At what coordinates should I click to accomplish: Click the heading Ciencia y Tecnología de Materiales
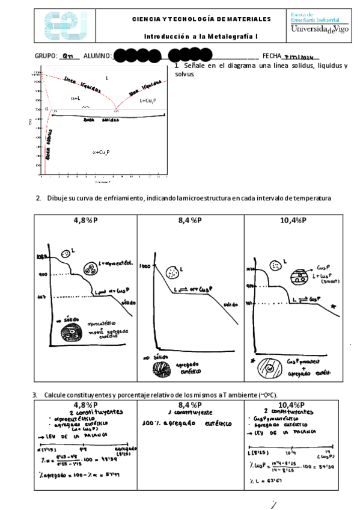[201, 19]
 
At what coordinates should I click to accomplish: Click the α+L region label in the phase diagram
[76, 97]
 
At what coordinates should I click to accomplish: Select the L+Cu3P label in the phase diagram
[147, 100]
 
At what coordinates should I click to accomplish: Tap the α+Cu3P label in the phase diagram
[100, 152]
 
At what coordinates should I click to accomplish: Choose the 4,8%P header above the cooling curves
[85, 220]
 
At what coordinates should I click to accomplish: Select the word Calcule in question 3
[56, 395]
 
